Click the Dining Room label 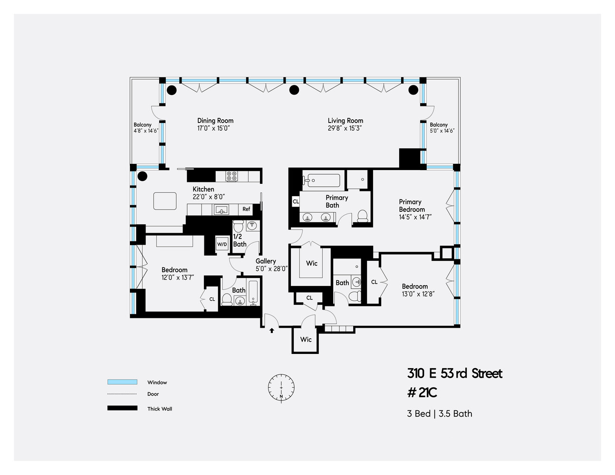(215, 121)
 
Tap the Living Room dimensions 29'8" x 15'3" (345, 128)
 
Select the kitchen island (165, 201)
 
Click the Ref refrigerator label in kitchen (246, 209)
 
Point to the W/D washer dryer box (222, 244)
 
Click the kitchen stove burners (232, 176)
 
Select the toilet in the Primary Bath (363, 216)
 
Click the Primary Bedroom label (411, 206)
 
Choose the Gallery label (266, 261)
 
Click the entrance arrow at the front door (272, 331)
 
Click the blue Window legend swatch (122, 382)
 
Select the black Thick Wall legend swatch (122, 408)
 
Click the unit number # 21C (422, 393)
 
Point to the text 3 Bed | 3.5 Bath (440, 414)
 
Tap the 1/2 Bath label (239, 240)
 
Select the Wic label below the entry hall (306, 340)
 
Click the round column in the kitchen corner (142, 176)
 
